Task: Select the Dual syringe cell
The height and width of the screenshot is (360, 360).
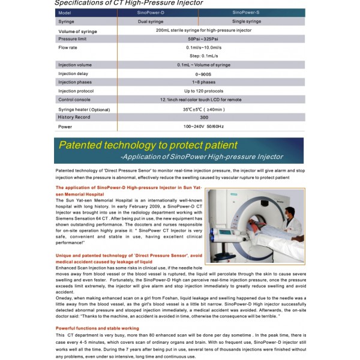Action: [151, 22]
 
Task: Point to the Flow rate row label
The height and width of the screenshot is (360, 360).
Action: [67, 47]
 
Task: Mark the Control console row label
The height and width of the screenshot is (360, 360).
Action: [74, 100]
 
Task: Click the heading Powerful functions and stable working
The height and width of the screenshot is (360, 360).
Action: [97, 328]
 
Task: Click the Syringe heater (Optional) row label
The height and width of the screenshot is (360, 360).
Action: [84, 109]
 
